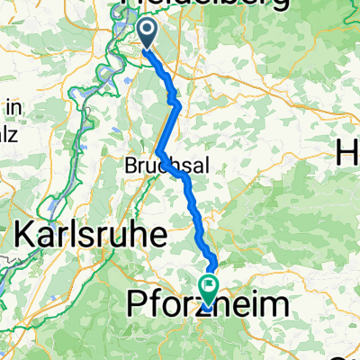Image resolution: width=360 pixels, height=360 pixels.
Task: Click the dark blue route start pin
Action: [x=146, y=33]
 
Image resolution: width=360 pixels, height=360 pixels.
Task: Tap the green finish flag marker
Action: [x=209, y=289]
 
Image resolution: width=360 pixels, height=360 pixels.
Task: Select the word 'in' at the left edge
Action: [x=13, y=108]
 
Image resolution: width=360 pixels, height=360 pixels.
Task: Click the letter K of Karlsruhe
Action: [x=28, y=237]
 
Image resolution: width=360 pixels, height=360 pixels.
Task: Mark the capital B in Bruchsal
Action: [x=130, y=166]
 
